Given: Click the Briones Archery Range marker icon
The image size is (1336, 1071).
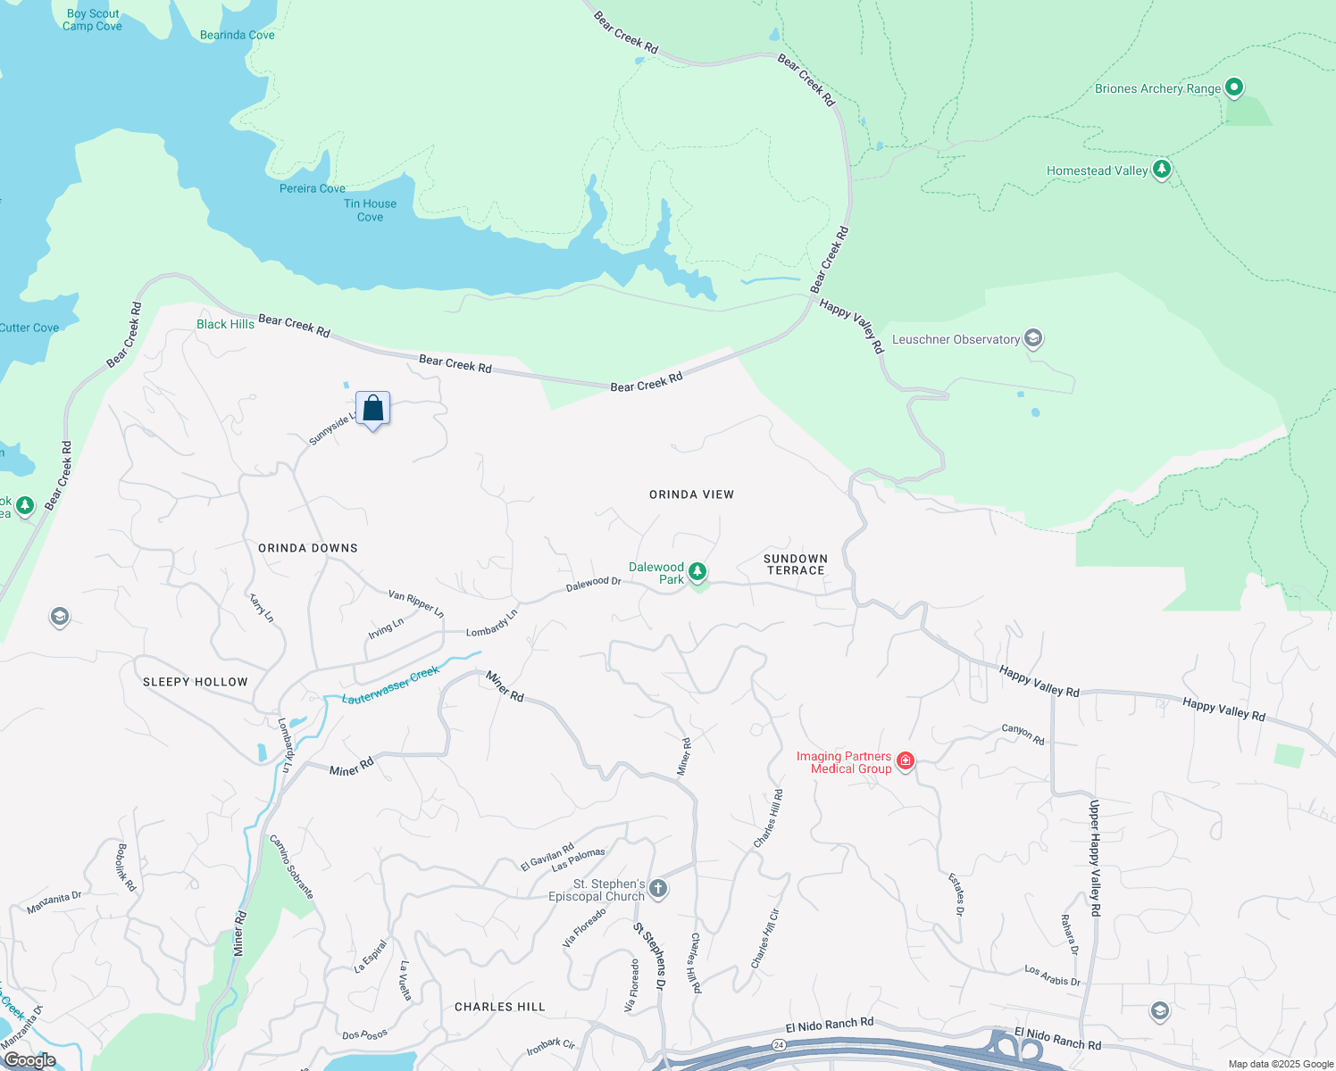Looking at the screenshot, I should pyautogui.click(x=1234, y=87).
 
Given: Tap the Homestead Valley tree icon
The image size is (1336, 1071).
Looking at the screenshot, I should pyautogui.click(x=1161, y=169).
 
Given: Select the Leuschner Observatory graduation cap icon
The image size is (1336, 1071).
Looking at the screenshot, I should pyautogui.click(x=1033, y=338).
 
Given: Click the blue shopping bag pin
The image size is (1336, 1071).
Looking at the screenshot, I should pyautogui.click(x=373, y=409).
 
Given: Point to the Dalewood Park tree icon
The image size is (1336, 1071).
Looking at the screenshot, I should pyautogui.click(x=697, y=571).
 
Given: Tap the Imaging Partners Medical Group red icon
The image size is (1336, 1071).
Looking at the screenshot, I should pyautogui.click(x=906, y=760).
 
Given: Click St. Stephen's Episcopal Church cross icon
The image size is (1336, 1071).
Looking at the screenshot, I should pyautogui.click(x=658, y=888).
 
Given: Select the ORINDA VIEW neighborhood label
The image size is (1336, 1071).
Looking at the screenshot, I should pyautogui.click(x=691, y=494).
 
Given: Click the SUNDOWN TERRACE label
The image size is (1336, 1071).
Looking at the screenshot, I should pyautogui.click(x=795, y=564).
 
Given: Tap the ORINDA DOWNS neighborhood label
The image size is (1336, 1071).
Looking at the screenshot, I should pyautogui.click(x=308, y=548).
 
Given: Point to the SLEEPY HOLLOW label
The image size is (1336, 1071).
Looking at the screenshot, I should pyautogui.click(x=196, y=682).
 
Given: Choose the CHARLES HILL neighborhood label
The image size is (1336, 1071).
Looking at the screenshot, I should pyautogui.click(x=499, y=1007).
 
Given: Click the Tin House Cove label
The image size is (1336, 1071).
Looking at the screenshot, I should pyautogui.click(x=370, y=210).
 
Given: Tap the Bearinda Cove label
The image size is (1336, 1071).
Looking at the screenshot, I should pyautogui.click(x=237, y=35).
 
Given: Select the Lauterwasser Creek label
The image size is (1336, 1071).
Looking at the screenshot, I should pyautogui.click(x=391, y=685).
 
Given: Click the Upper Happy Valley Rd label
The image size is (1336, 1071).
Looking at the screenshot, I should pyautogui.click(x=1095, y=858).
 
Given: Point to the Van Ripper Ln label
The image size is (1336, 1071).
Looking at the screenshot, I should pyautogui.click(x=415, y=603).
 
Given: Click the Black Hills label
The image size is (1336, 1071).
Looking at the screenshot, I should pyautogui.click(x=225, y=324).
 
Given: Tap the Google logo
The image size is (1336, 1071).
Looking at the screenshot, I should pyautogui.click(x=30, y=1060).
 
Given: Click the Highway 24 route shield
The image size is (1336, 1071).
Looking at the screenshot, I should pyautogui.click(x=779, y=1044).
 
